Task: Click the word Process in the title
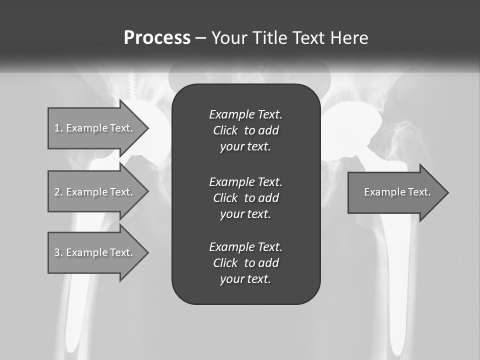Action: click(157, 38)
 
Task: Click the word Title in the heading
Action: click(270, 38)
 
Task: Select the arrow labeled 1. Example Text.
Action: click(95, 128)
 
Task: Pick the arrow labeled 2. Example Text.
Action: click(95, 192)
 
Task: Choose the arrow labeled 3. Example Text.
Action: click(95, 252)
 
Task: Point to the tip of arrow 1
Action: click(147, 128)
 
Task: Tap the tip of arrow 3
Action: click(147, 252)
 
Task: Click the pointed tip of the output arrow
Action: click(447, 192)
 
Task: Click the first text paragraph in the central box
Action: click(245, 130)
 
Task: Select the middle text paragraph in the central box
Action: click(245, 197)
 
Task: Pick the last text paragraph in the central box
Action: click(245, 263)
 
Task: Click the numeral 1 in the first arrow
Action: click(57, 128)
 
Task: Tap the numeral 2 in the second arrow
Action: click(57, 192)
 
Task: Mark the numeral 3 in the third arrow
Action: click(57, 252)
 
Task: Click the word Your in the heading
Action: click(231, 38)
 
